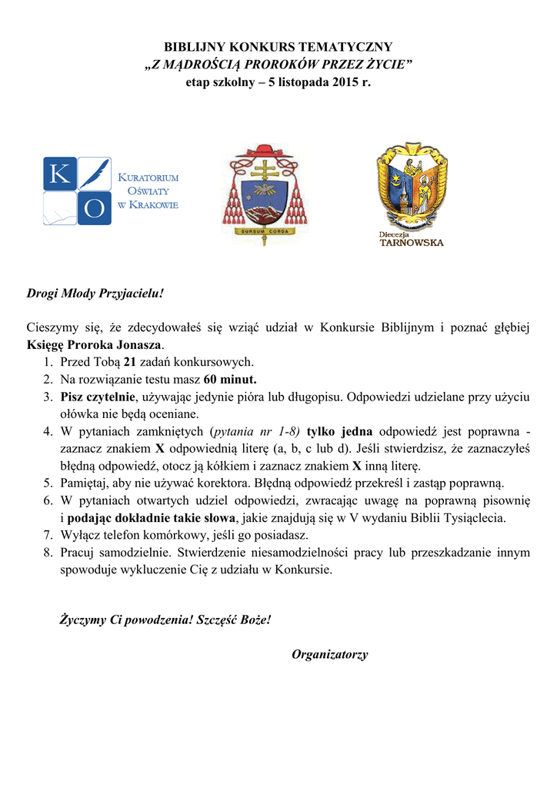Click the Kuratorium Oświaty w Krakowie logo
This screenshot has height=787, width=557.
(x=111, y=191)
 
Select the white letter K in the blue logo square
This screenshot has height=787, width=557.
(x=59, y=174)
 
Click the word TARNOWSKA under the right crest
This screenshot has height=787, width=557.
(x=412, y=243)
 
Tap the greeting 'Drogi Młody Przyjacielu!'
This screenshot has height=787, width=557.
(x=96, y=294)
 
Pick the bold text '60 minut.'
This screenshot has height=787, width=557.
(x=230, y=379)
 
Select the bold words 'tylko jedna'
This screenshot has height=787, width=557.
(x=339, y=431)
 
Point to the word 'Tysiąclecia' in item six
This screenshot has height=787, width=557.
(x=477, y=518)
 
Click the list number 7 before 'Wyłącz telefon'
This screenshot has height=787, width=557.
(x=48, y=535)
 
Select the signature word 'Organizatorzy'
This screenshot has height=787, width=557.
(x=329, y=655)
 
